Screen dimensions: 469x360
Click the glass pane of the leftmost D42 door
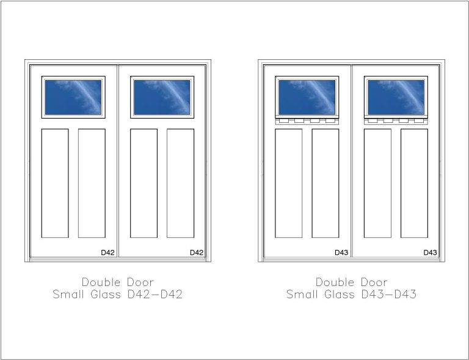tap(73, 97)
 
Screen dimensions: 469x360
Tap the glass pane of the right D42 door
tap(162, 97)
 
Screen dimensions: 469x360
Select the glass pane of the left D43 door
tap(307, 97)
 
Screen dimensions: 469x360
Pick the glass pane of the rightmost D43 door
tap(396, 97)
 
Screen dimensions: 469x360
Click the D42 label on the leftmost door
tap(107, 252)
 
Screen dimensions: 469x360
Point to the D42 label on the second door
tap(197, 252)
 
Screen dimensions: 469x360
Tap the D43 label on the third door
tap(341, 252)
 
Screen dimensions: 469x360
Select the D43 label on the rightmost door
tap(430, 252)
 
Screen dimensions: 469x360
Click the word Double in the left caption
tap(101, 282)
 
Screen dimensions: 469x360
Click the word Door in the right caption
tap(374, 282)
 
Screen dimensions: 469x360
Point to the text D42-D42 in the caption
tap(155, 294)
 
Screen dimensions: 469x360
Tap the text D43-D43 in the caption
tap(389, 294)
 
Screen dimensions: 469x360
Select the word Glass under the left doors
tap(106, 294)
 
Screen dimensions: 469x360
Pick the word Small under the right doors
tap(302, 294)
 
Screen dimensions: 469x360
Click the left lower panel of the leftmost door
tap(55, 183)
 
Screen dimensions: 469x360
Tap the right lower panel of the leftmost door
tap(92, 183)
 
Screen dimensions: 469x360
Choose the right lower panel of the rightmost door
tap(414, 183)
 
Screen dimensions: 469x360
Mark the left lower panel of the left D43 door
tap(289, 183)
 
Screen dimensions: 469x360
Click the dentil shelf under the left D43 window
tap(307, 120)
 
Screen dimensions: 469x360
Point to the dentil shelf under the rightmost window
tap(396, 120)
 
